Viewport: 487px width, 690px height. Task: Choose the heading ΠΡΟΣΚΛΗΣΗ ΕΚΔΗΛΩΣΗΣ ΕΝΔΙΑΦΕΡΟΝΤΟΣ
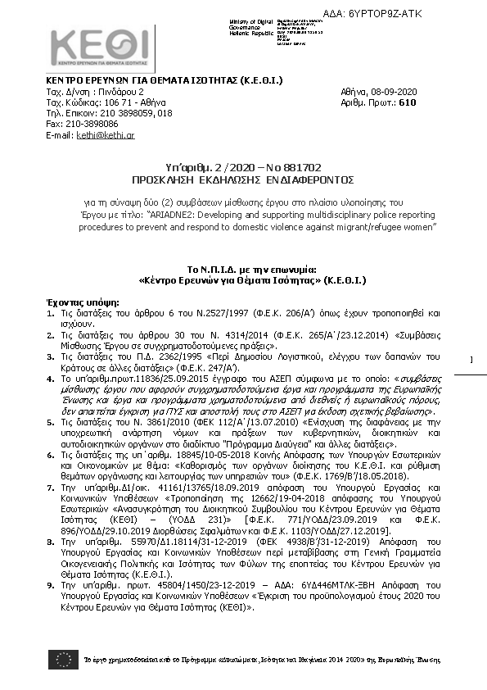242,177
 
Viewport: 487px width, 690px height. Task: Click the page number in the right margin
471,384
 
